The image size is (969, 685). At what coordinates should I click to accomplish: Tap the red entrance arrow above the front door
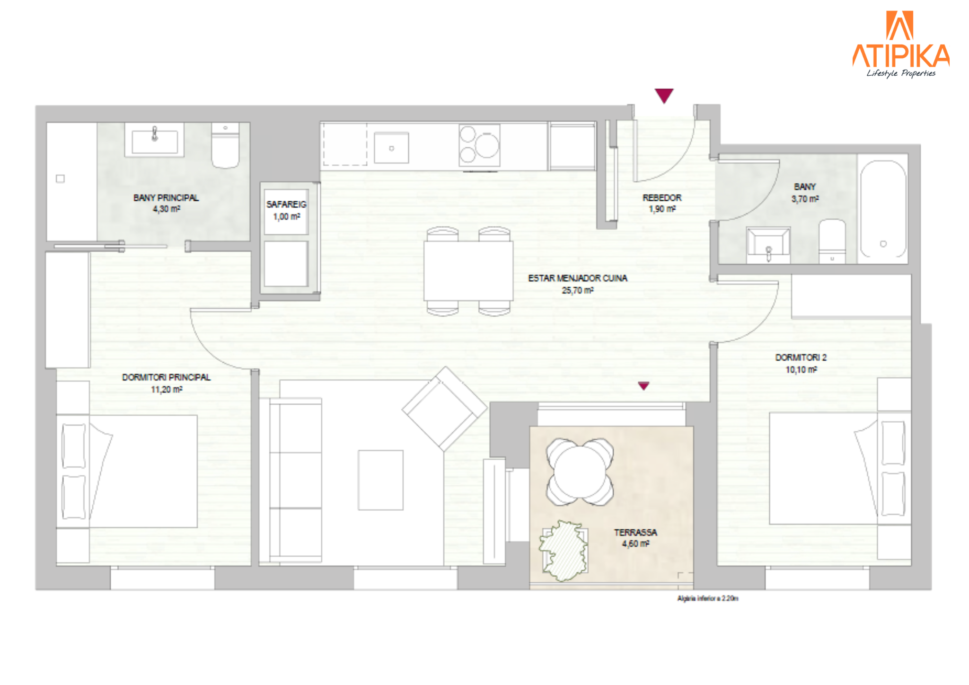click(664, 96)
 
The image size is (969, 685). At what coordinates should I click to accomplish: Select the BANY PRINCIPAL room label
click(166, 198)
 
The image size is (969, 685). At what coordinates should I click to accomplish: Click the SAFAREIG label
click(286, 205)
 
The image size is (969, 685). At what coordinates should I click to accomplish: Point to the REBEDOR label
click(662, 198)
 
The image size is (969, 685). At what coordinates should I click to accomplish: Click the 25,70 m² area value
click(578, 290)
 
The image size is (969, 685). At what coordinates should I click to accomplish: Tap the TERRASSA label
click(635, 533)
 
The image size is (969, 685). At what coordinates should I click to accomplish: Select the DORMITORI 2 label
click(801, 357)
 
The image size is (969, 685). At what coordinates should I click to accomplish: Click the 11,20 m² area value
click(167, 390)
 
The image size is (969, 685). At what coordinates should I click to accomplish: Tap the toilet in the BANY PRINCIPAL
click(225, 145)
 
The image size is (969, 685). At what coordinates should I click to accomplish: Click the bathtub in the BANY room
click(883, 209)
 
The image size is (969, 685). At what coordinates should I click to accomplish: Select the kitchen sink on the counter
click(391, 148)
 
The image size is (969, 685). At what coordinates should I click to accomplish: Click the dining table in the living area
click(468, 271)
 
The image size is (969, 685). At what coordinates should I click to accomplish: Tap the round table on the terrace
click(579, 472)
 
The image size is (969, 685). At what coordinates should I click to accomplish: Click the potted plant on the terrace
click(564, 551)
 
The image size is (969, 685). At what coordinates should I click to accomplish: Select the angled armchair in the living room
click(445, 409)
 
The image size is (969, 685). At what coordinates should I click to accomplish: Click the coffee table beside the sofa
click(380, 480)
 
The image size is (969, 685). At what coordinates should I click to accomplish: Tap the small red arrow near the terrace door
click(643, 386)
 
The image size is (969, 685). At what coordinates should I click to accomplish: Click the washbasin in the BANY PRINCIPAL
click(154, 140)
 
